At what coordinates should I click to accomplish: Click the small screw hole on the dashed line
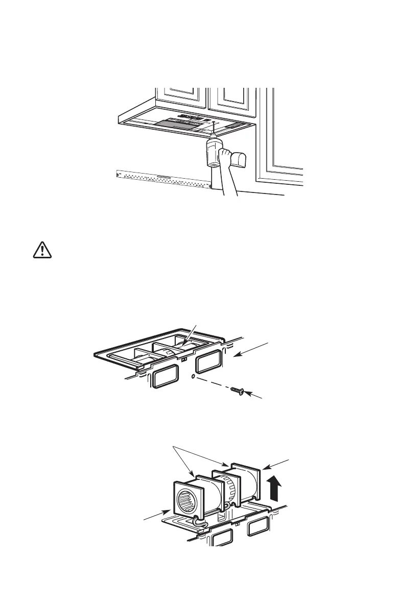click(191, 378)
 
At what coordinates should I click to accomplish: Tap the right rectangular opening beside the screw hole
click(208, 362)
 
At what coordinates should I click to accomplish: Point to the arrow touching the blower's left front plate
click(171, 509)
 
